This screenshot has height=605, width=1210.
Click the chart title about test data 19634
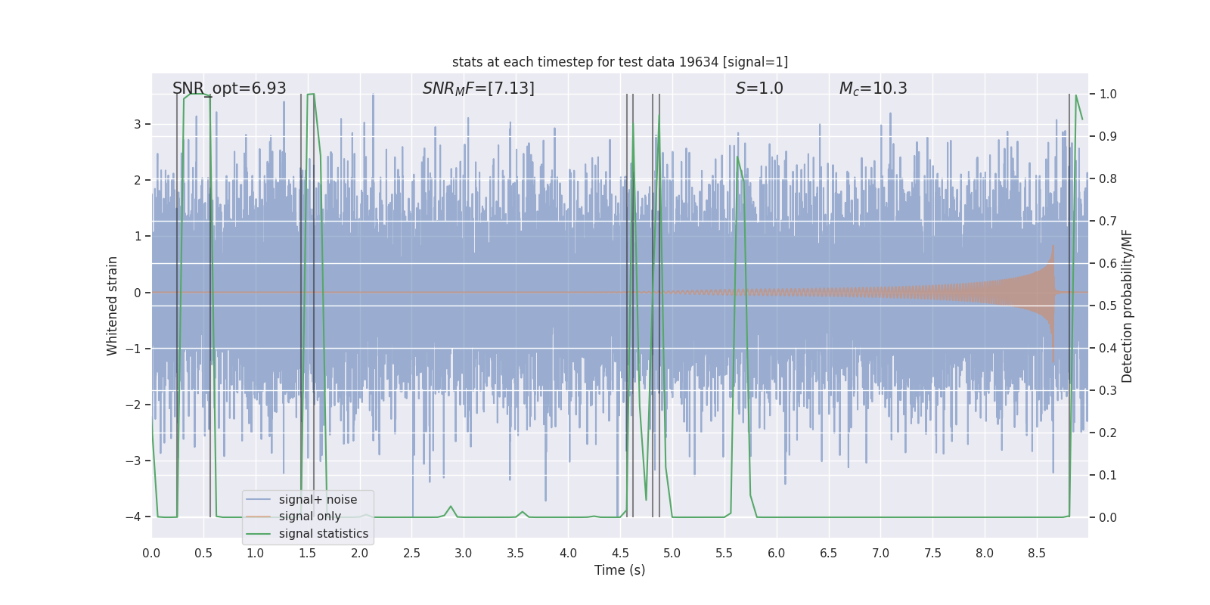(619, 62)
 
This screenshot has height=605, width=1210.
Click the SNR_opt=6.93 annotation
(229, 88)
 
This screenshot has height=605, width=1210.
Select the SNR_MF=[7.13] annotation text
(478, 88)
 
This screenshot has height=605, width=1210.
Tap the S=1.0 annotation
(759, 88)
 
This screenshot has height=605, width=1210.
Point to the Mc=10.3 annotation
(873, 88)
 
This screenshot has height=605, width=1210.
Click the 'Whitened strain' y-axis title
(113, 306)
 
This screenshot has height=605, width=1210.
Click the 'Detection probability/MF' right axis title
(1127, 306)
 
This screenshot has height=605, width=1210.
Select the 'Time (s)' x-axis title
(619, 570)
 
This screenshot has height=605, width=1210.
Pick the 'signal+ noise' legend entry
(318, 500)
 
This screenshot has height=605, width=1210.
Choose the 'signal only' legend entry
(309, 517)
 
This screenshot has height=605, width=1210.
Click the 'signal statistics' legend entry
(323, 534)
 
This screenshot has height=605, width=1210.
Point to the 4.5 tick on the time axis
(620, 554)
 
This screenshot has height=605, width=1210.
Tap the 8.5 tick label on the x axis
(1037, 554)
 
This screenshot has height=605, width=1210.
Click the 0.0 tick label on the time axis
(151, 554)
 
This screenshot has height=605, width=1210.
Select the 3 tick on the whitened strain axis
(138, 124)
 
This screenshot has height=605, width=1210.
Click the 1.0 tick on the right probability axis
(1108, 95)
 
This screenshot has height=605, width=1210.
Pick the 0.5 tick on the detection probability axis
(1108, 306)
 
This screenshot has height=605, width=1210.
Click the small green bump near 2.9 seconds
(451, 507)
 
